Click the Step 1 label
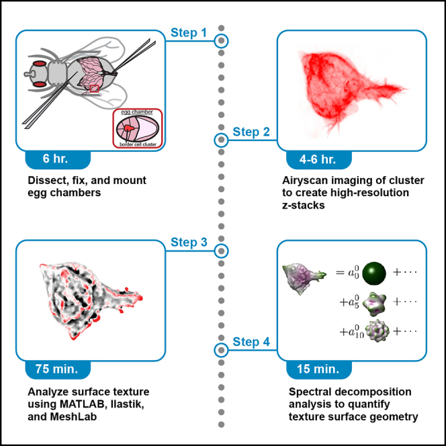(x=189, y=33)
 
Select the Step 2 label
(x=251, y=132)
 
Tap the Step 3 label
(x=189, y=242)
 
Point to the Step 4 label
(x=251, y=342)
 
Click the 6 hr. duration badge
(x=58, y=159)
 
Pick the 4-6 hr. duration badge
(x=319, y=159)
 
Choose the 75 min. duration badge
(x=58, y=369)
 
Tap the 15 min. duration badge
(x=319, y=369)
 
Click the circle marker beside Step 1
(x=221, y=41)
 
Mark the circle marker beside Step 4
(x=221, y=350)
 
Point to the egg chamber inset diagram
(x=138, y=128)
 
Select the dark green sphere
(x=374, y=273)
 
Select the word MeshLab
(x=73, y=416)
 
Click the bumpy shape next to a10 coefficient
(x=377, y=330)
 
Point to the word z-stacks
(x=303, y=206)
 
